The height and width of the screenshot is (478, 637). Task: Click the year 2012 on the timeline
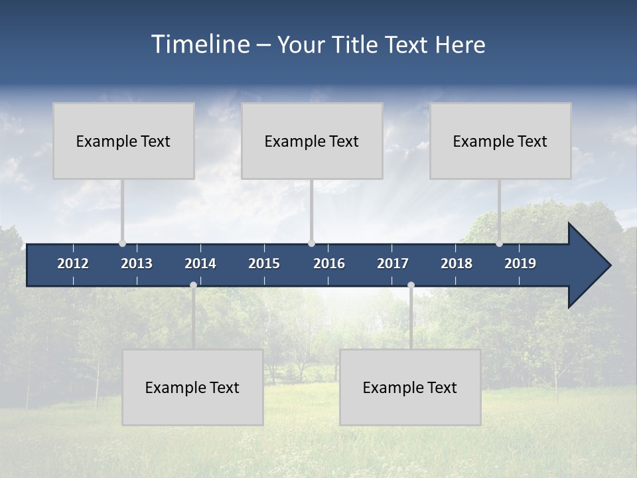pyautogui.click(x=73, y=264)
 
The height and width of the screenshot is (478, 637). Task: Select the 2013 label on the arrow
pyautogui.click(x=137, y=264)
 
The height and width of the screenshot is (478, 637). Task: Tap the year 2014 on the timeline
pyautogui.click(x=200, y=264)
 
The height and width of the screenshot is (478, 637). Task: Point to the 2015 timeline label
pyautogui.click(x=264, y=264)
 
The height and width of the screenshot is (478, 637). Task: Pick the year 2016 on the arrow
pyautogui.click(x=329, y=264)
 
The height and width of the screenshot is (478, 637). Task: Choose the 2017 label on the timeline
pyautogui.click(x=393, y=264)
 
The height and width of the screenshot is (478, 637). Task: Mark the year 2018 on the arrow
pyautogui.click(x=457, y=264)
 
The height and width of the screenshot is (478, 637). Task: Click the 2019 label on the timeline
pyautogui.click(x=520, y=264)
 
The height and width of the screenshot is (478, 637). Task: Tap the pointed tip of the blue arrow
pyautogui.click(x=608, y=266)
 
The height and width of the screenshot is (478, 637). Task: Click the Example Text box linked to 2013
pyautogui.click(x=123, y=141)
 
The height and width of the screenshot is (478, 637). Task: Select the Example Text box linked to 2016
pyautogui.click(x=312, y=141)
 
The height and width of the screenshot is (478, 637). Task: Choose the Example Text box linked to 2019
pyautogui.click(x=500, y=141)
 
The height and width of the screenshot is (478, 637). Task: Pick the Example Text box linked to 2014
pyautogui.click(x=192, y=387)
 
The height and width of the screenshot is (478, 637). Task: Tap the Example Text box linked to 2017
pyautogui.click(x=410, y=387)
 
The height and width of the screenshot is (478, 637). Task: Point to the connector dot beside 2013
pyautogui.click(x=122, y=244)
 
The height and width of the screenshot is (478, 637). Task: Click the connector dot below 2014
pyautogui.click(x=193, y=285)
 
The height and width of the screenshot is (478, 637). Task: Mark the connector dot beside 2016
pyautogui.click(x=311, y=244)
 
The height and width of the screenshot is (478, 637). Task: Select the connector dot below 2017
pyautogui.click(x=411, y=285)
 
